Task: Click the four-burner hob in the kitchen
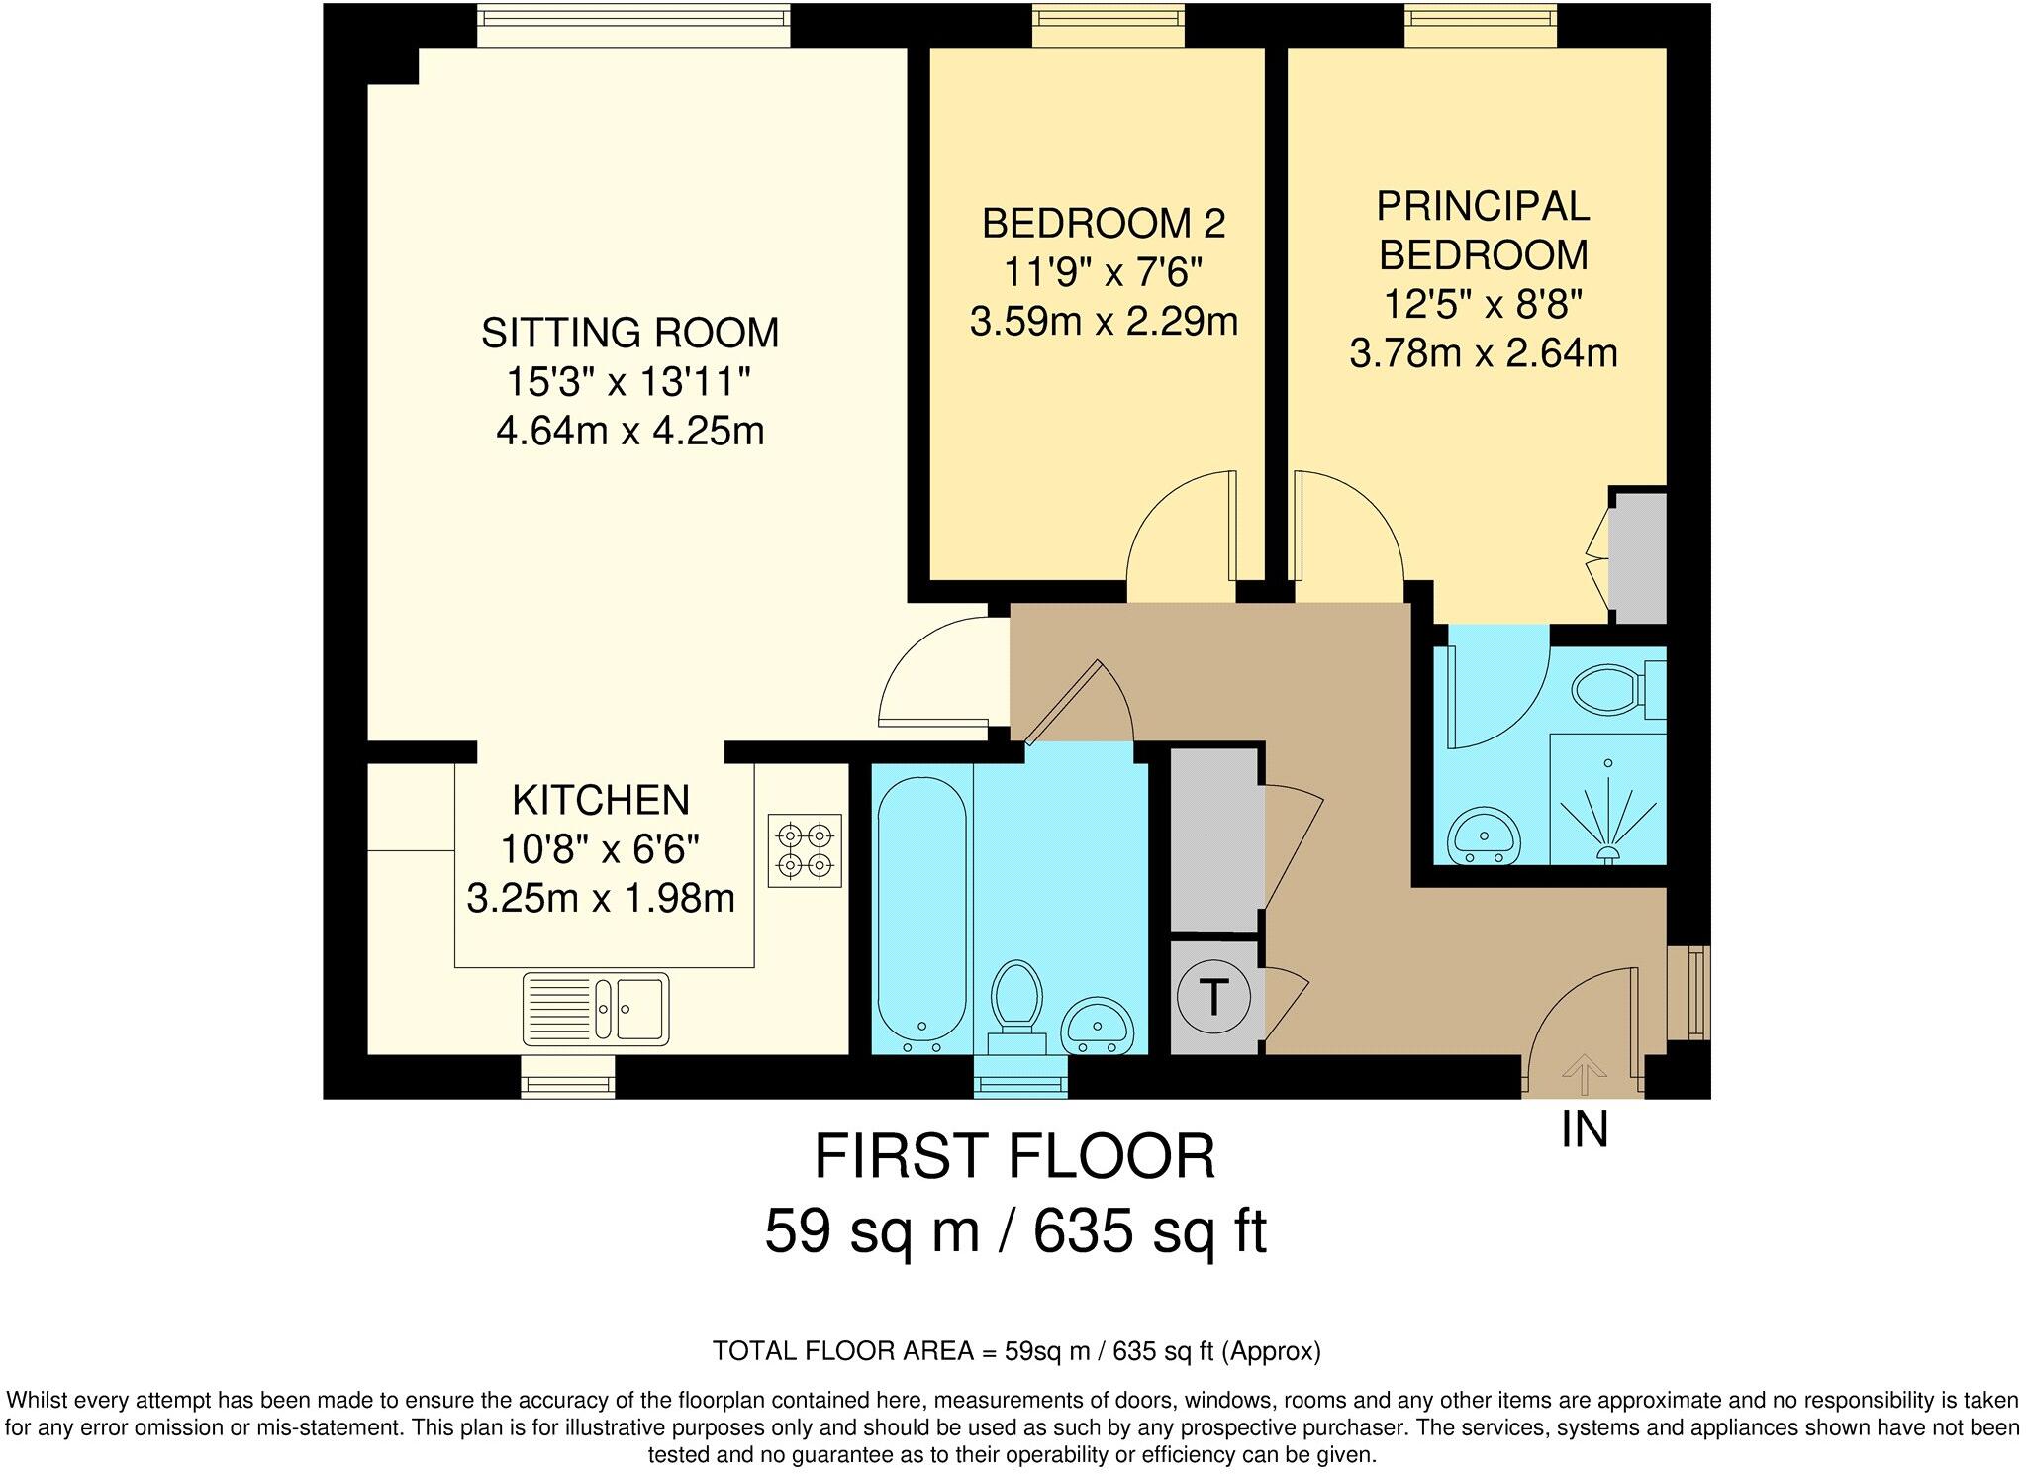pyautogui.click(x=805, y=850)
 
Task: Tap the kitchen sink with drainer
pyautogui.click(x=596, y=1009)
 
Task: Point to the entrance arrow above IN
pyautogui.click(x=1585, y=1073)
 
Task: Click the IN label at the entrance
pyautogui.click(x=1585, y=1130)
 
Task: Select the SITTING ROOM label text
pyautogui.click(x=630, y=333)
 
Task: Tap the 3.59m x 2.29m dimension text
pyautogui.click(x=1104, y=322)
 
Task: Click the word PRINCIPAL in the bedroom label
pyautogui.click(x=1483, y=206)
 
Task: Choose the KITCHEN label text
pyautogui.click(x=601, y=800)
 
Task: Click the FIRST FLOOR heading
pyautogui.click(x=1014, y=1156)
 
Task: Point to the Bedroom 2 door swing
pyautogui.click(x=1183, y=535)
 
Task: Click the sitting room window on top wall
pyautogui.click(x=633, y=25)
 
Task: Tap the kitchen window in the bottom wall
pyautogui.click(x=568, y=1076)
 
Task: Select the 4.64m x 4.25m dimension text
pyautogui.click(x=630, y=432)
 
